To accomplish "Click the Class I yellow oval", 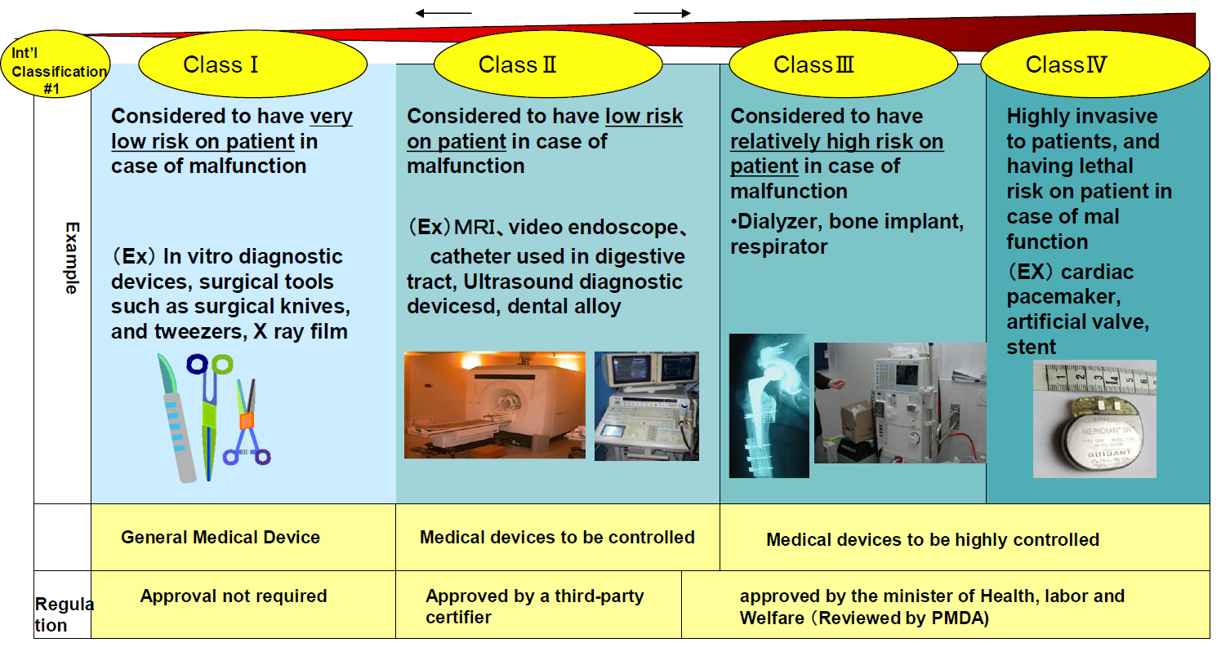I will [x=253, y=64].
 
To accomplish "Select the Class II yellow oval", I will [x=547, y=64].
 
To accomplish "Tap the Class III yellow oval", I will [x=843, y=64].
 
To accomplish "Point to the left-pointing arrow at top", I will [x=443, y=13].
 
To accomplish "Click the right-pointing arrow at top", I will [x=662, y=13].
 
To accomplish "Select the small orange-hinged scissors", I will [x=246, y=424].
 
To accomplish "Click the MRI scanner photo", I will [x=494, y=405].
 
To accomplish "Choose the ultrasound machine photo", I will [x=646, y=405].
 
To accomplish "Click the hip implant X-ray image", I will [x=769, y=405].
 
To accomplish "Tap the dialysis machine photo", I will [x=899, y=402].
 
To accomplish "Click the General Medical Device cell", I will [x=221, y=538].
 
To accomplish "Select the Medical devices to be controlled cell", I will [x=557, y=538].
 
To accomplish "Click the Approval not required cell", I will [x=234, y=596].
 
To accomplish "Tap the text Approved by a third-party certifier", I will [x=534, y=606].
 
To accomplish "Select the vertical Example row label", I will [x=72, y=258].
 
